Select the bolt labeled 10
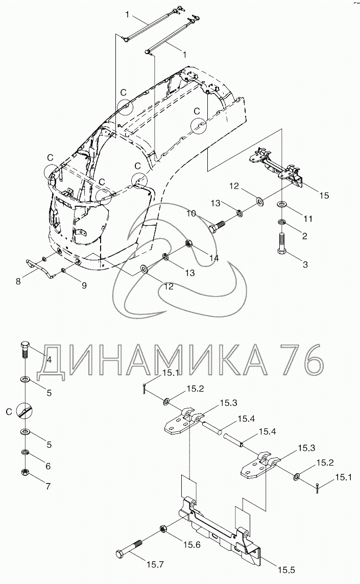pyautogui.click(x=218, y=225)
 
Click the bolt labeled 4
pyautogui.click(x=26, y=352)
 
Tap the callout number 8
pyautogui.click(x=18, y=280)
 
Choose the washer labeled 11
pyautogui.click(x=282, y=205)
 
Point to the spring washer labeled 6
pyautogui.click(x=25, y=452)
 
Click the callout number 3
pyautogui.click(x=305, y=264)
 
